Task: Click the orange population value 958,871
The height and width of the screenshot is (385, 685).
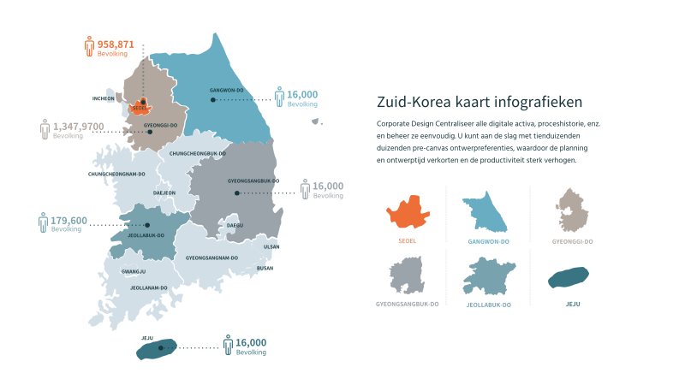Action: click(116, 44)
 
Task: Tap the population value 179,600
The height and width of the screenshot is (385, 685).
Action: click(69, 220)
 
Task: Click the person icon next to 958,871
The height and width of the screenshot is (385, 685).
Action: click(89, 47)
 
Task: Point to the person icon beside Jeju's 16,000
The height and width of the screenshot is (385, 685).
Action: click(228, 346)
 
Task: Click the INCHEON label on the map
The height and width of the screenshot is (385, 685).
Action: click(104, 98)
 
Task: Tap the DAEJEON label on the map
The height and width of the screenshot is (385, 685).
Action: click(164, 193)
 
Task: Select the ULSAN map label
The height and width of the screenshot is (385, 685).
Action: click(271, 246)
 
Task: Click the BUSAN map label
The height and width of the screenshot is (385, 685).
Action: click(265, 268)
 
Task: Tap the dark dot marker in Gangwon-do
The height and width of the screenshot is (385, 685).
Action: click(212, 100)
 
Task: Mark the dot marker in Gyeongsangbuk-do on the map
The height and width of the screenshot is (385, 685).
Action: click(236, 193)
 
